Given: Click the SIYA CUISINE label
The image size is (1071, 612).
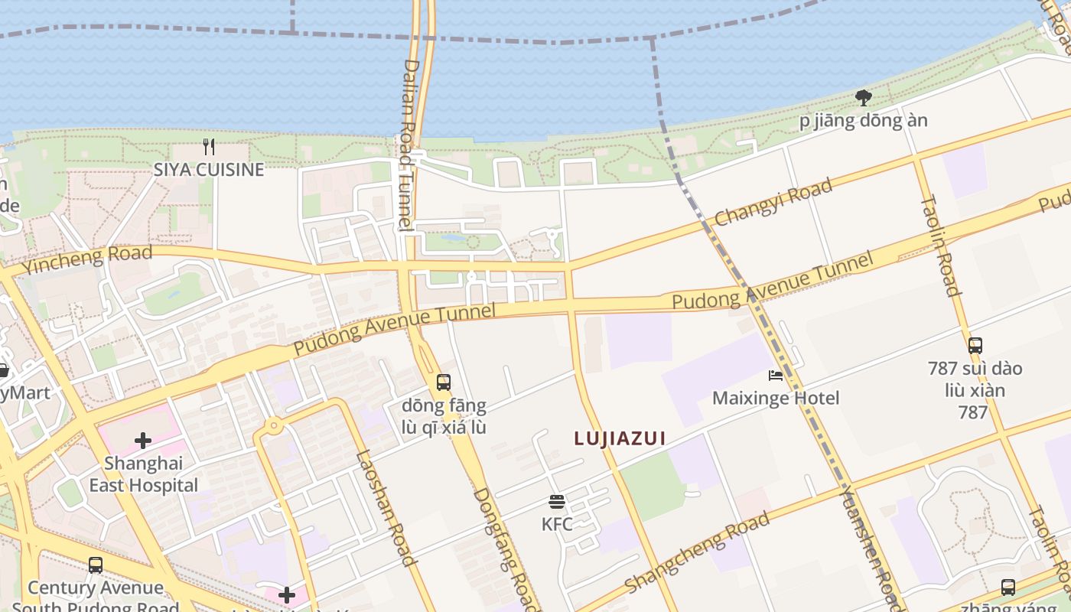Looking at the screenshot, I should (209, 170).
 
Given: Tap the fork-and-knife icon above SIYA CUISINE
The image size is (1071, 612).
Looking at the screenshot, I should (208, 145).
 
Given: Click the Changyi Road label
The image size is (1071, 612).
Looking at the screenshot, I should (773, 203).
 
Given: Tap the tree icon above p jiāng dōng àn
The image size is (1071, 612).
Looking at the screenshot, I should (864, 98).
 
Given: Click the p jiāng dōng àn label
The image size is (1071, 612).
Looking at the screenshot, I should (864, 121).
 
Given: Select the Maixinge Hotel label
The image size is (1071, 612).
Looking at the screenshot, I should (776, 398).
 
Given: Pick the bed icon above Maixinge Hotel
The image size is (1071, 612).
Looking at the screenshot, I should (776, 376).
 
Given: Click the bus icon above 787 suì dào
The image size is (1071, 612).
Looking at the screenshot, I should (975, 345).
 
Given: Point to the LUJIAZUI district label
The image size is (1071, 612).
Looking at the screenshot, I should (620, 438).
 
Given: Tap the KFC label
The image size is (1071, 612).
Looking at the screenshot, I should (557, 525).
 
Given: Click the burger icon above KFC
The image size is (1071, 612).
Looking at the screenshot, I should (557, 502).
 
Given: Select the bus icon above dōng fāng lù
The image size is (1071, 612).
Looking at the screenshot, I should (444, 382).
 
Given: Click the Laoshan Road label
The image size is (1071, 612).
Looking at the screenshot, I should (386, 507).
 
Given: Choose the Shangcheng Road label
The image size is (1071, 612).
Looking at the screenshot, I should (697, 553).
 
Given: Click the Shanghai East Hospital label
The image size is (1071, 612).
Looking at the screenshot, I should (143, 474).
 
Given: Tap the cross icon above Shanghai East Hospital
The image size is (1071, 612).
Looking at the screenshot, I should (143, 441).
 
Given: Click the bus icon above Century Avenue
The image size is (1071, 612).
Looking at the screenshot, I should (96, 565).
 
